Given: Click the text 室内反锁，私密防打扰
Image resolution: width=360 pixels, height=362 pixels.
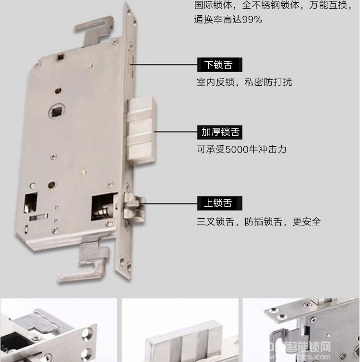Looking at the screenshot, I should click(x=244, y=82).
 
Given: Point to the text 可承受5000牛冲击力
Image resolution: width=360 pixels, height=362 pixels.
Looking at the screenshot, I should click(x=241, y=149).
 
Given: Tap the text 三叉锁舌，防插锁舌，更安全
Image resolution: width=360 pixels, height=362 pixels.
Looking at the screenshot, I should click(x=259, y=222).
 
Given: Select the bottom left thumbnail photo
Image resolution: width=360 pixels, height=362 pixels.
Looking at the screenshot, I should click(x=58, y=331).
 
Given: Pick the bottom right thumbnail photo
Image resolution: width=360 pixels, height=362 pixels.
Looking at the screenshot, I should click(x=301, y=331).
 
